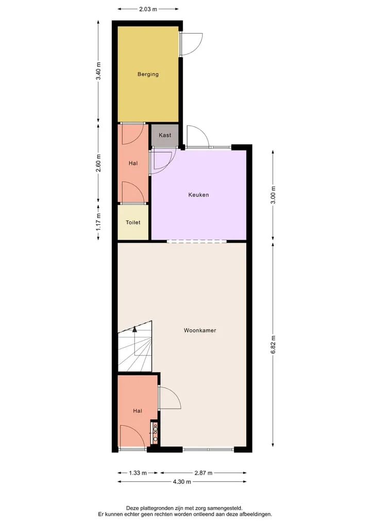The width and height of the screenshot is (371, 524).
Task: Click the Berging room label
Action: [x=148, y=74]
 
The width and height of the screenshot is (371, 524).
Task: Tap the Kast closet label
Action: [x=165, y=135]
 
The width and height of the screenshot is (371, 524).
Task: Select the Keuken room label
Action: [x=198, y=195]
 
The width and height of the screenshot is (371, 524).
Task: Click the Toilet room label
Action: [x=133, y=222]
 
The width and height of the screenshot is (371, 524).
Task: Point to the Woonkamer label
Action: [x=200, y=330]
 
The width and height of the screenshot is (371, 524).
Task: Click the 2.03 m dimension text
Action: [x=148, y=9]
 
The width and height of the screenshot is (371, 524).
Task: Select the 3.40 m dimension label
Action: [x=98, y=71]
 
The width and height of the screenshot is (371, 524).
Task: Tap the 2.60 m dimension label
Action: [x=98, y=163]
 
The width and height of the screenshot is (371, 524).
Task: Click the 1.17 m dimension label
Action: [x=98, y=222]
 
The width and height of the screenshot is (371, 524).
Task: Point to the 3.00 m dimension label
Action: [x=273, y=195]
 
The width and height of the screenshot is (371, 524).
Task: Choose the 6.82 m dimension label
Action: [x=273, y=344]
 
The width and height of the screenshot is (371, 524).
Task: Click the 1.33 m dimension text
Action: [x=138, y=473]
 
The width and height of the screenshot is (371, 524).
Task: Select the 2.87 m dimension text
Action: [x=204, y=473]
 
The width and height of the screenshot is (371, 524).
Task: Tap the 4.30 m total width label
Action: [x=182, y=482]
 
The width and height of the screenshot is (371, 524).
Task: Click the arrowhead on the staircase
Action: [x=134, y=329]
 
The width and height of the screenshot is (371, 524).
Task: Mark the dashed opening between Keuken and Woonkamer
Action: [x=196, y=241]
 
